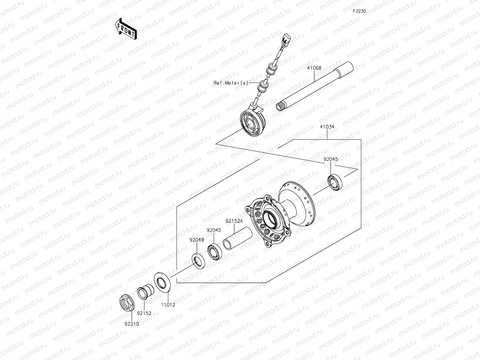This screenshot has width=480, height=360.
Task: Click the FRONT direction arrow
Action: point(125,29)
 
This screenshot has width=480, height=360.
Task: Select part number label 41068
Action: point(314,68)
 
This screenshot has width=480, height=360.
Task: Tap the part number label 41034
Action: point(327,127)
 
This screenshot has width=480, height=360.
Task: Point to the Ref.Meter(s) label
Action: point(231,83)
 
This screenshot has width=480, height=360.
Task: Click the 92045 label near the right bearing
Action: point(331,159)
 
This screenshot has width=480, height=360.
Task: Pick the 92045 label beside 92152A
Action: point(214,230)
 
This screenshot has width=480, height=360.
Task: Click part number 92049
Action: point(197,240)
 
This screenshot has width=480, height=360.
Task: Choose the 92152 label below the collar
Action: point(144,313)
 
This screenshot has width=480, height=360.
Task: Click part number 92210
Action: point(131,324)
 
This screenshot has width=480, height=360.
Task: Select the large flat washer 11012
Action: point(163,281)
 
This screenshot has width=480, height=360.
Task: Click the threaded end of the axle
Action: point(280,106)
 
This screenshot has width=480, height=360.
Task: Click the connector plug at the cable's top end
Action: point(286,40)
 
